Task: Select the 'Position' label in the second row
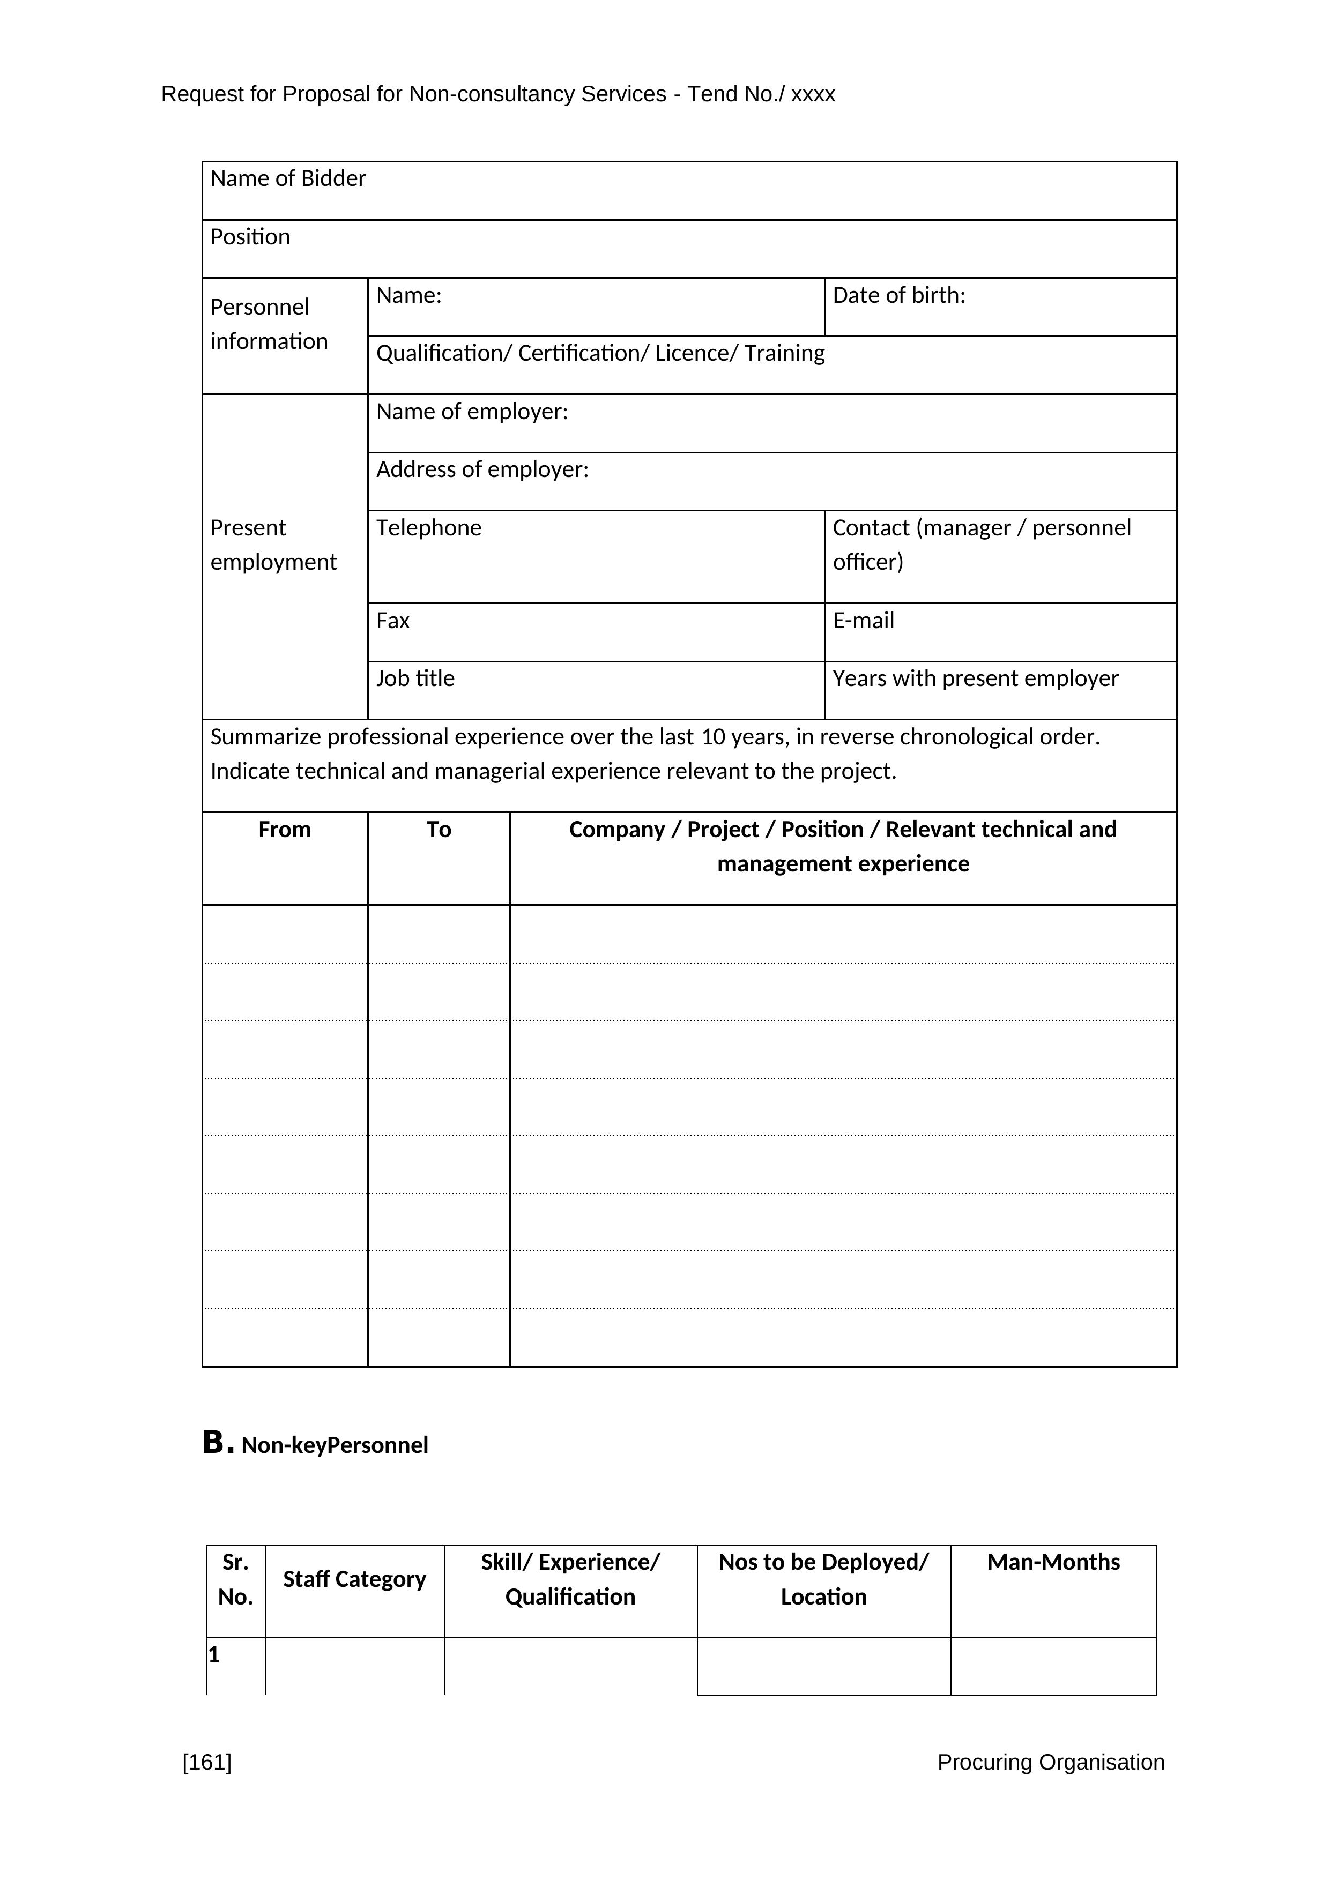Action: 250,237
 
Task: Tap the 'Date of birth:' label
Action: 898,296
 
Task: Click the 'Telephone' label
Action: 428,528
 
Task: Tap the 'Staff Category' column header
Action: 354,1579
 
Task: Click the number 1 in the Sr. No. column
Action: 214,1655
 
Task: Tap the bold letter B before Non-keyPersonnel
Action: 213,1442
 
